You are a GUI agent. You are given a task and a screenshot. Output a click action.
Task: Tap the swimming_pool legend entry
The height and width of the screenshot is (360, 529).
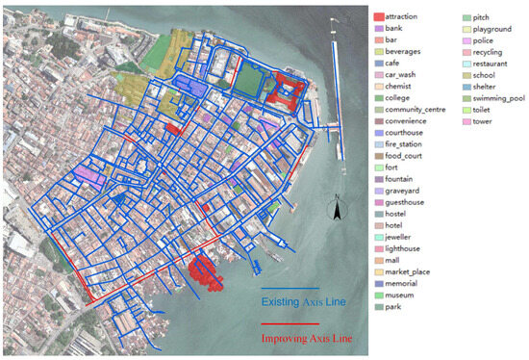pos(500,98)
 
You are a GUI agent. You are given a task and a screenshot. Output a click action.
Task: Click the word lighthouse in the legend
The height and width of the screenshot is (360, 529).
pos(407,248)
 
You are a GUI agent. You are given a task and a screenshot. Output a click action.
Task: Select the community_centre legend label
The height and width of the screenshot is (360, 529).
pos(416,110)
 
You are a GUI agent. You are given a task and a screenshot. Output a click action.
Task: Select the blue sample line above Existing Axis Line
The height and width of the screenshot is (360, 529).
pos(290,288)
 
